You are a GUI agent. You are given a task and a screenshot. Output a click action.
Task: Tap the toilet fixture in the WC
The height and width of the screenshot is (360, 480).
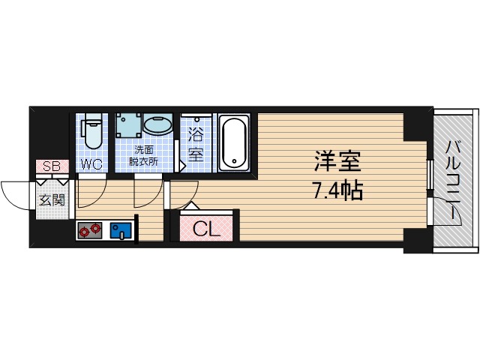(x=92, y=132)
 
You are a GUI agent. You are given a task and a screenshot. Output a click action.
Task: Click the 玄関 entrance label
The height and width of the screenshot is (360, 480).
(x=52, y=199)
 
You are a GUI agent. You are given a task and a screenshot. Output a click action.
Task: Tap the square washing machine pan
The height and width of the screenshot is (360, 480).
(x=128, y=127)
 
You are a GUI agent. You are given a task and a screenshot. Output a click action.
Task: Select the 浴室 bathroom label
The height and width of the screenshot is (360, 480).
(x=196, y=145)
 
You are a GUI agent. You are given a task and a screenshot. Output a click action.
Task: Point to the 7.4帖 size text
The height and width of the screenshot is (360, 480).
(x=337, y=191)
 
